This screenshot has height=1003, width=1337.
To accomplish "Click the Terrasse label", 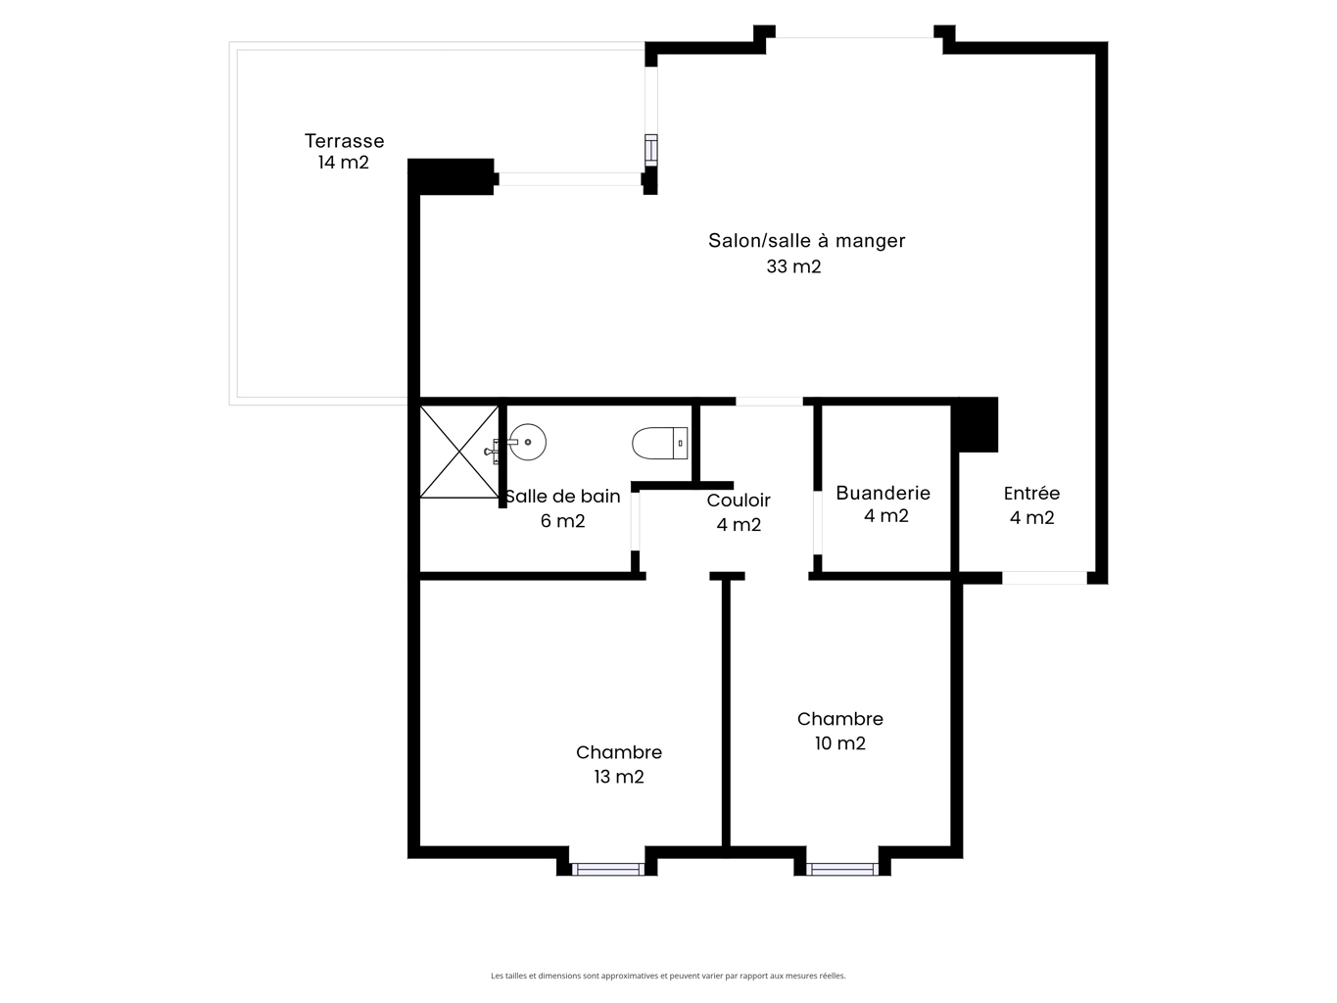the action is [344, 141].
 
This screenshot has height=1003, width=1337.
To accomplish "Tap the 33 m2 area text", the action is [793, 266].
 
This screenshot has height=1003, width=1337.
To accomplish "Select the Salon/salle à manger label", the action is [806, 241].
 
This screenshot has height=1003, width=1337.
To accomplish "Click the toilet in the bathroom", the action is [659, 443].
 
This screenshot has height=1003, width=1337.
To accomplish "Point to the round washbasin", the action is [528, 442].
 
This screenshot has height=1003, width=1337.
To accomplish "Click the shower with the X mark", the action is [459, 452].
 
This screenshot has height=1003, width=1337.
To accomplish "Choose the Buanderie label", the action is [883, 494].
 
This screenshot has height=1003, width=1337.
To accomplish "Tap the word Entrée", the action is [1031, 493].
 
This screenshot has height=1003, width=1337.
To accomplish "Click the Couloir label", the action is [739, 500].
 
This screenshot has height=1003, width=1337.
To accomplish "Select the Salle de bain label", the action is [563, 497].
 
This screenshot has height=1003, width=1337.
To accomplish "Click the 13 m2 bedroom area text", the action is [619, 777].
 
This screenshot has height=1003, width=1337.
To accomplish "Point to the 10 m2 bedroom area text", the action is [840, 743].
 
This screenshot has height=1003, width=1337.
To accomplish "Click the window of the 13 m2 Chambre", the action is [607, 869].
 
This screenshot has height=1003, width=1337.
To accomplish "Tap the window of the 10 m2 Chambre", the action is [842, 869].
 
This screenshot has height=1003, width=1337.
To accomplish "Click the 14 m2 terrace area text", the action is [344, 163].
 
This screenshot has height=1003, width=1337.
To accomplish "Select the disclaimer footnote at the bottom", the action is [668, 976].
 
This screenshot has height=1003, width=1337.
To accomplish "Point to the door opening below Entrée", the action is [1045, 577].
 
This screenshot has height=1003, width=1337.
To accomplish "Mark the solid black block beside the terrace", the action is [451, 176].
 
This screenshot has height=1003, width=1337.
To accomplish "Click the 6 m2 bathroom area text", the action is [563, 521].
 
